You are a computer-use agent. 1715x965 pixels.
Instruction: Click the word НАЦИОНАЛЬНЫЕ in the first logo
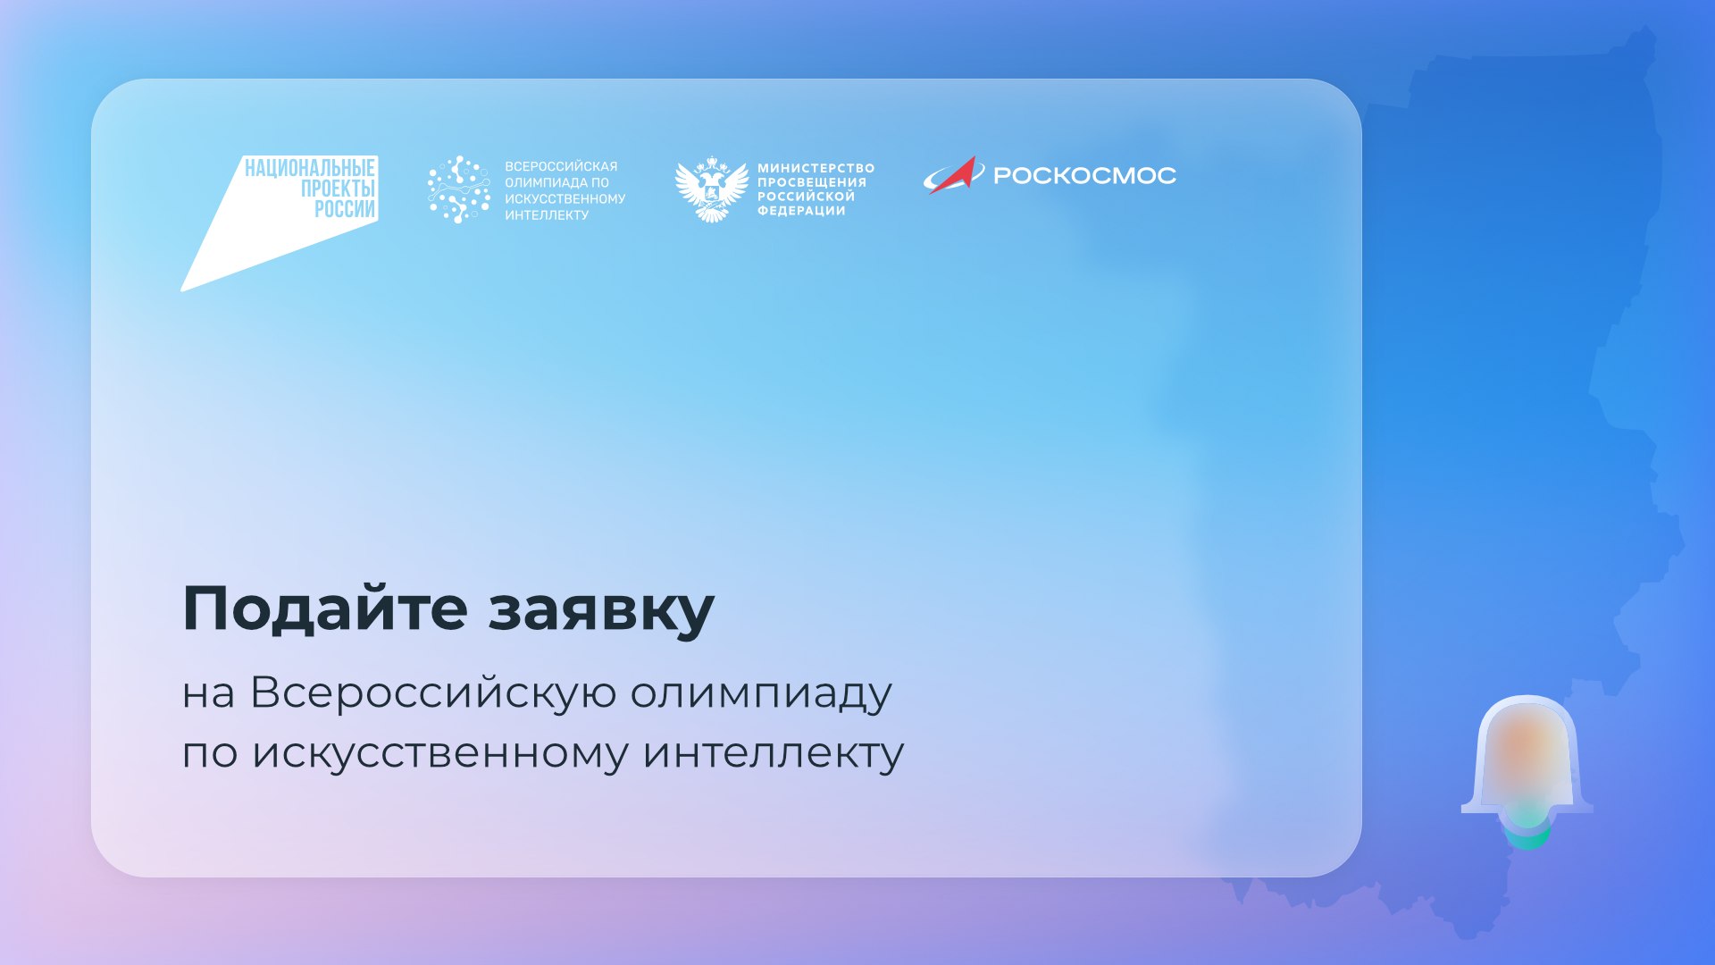309,168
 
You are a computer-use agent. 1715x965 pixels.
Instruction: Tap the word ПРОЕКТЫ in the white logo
338,189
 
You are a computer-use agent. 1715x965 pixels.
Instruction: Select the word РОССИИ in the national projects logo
345,209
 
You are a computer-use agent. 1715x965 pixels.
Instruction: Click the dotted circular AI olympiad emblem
459,189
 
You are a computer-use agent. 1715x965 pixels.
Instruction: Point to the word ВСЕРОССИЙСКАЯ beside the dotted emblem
561,166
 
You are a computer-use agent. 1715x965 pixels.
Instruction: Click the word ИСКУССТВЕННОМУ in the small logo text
565,198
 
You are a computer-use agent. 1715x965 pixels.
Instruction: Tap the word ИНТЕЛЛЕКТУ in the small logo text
547,214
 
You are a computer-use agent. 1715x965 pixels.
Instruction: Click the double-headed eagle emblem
711,189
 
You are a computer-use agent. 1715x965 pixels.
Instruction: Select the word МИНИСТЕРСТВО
816,168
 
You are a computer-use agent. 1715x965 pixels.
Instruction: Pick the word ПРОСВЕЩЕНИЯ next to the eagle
812,182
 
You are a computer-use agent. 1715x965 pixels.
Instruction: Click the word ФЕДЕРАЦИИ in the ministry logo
801,211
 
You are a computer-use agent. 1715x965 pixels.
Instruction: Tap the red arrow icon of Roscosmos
953,175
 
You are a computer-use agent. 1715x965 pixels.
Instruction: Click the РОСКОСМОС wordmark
1084,175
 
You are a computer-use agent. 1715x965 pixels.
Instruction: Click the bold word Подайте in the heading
325,608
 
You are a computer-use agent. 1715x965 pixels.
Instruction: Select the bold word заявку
601,611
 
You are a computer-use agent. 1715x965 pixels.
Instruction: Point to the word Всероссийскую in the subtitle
433,693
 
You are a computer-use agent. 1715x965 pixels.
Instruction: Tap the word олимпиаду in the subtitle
761,693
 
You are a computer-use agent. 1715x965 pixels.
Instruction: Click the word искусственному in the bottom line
440,753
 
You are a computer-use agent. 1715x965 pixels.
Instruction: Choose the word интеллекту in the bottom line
774,753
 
